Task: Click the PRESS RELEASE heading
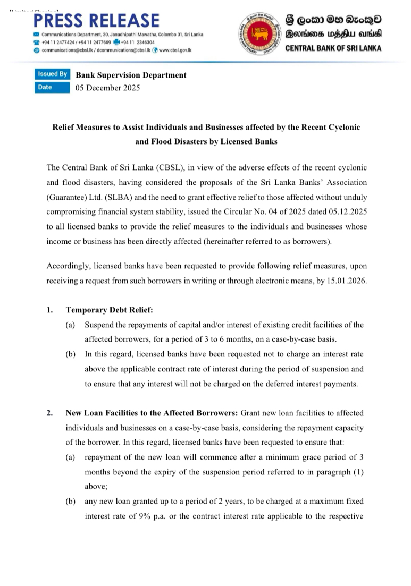[96, 20]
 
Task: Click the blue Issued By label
[52, 74]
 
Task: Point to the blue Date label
[45, 88]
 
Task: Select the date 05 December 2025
[108, 88]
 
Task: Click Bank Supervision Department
[131, 75]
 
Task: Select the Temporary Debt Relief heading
[109, 310]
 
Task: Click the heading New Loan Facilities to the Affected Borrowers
[152, 412]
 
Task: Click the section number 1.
[49, 310]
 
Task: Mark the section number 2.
[49, 412]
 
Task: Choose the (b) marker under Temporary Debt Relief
[70, 353]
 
